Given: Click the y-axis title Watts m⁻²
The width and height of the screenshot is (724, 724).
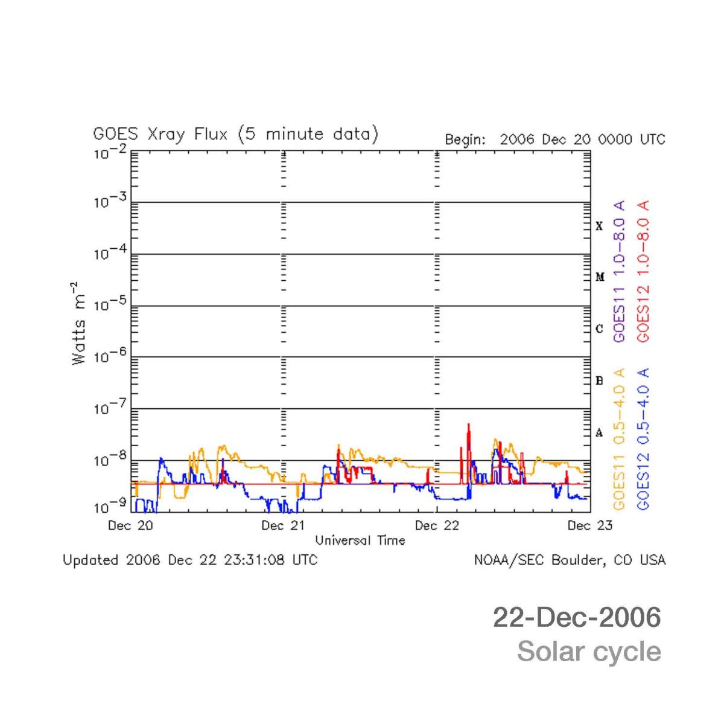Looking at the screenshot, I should tap(79, 323).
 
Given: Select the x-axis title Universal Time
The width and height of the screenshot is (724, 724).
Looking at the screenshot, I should tap(360, 540).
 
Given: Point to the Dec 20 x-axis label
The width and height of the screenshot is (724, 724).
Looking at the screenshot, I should tap(130, 525).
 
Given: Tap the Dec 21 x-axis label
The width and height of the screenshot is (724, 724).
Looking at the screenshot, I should tap(283, 525).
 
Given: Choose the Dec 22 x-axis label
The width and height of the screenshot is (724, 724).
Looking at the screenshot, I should tap(437, 525).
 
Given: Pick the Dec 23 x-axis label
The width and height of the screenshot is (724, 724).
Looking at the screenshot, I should tap(589, 525).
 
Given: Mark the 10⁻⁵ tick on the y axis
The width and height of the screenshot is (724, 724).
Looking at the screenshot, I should tap(110, 304).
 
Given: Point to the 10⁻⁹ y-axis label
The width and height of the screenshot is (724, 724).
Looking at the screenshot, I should tap(110, 506).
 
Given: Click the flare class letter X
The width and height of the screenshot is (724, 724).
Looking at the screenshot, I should tap(599, 226).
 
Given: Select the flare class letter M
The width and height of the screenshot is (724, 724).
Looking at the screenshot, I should tap(600, 277).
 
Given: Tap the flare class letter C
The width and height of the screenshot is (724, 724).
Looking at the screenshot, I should tap(599, 329).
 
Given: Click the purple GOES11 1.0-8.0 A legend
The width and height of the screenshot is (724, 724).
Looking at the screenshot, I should tap(619, 272).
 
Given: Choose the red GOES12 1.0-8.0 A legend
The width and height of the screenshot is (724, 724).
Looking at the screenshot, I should tap(643, 272).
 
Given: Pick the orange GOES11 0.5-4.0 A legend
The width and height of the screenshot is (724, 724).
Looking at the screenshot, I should tap(619, 439).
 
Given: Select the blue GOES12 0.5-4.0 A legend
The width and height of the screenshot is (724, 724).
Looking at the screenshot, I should tap(643, 439).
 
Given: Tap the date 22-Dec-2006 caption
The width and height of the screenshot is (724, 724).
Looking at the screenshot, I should tap(577, 617).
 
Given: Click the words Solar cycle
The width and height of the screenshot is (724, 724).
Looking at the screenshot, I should tap(589, 652).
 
